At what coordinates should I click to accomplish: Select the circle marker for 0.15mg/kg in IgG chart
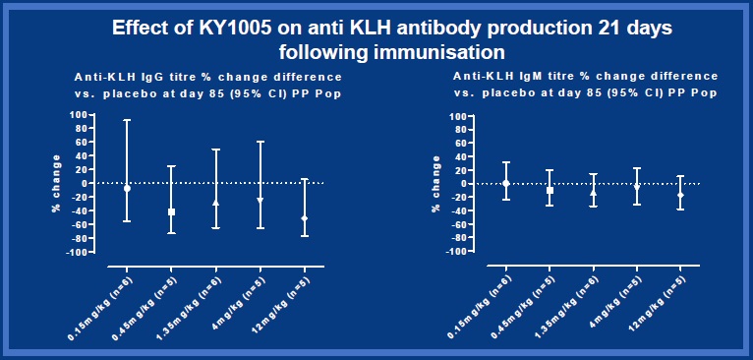[x=127, y=188]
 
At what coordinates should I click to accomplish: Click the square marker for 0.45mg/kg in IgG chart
[x=171, y=211]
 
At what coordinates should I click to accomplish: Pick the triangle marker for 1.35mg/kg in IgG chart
[x=215, y=203]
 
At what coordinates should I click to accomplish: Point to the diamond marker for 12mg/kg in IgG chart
[x=305, y=218]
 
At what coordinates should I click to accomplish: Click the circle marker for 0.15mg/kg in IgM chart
[x=505, y=183]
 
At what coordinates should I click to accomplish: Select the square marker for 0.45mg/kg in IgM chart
[x=550, y=190]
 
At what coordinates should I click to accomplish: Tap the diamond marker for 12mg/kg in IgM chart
[x=680, y=196]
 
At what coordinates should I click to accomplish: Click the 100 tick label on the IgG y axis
[x=75, y=114]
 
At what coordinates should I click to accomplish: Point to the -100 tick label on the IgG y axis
[x=73, y=252]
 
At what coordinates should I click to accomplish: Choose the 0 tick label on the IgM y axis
[x=462, y=184]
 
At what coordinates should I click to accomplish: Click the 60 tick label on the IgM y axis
[x=458, y=143]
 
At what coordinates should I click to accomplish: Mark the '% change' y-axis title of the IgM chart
[x=436, y=183]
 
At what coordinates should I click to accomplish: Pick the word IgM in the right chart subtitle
[x=530, y=76]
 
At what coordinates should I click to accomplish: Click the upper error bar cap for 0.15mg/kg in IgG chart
[x=127, y=120]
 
